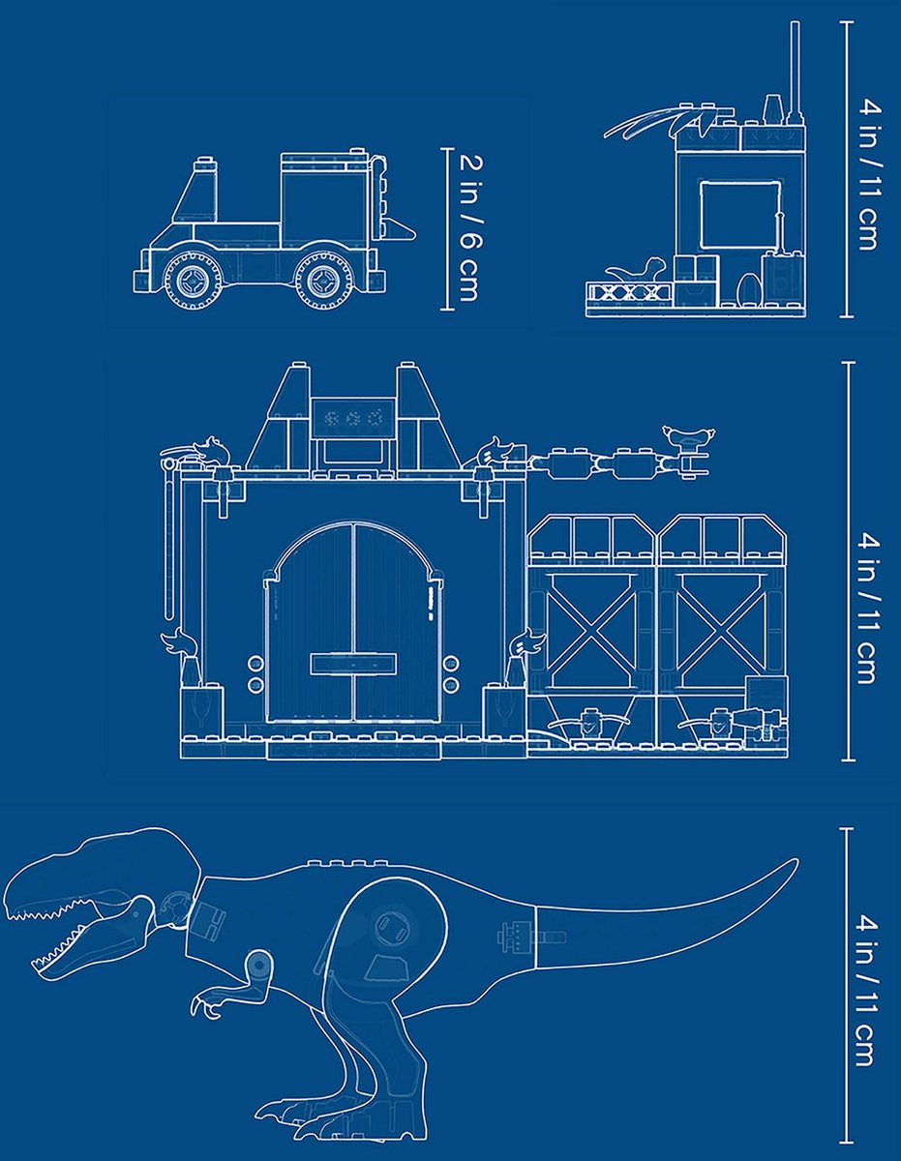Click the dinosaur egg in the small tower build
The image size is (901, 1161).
(748, 287)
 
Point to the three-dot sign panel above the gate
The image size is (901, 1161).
(354, 419)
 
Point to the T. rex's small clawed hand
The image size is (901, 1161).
(208, 1002)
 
